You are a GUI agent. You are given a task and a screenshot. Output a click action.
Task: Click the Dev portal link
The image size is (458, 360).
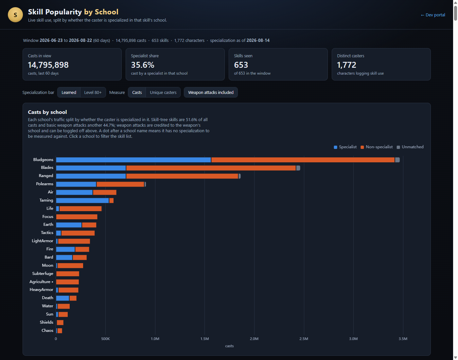(x=433, y=15)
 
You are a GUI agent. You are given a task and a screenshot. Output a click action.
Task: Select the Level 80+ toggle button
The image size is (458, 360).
(x=93, y=92)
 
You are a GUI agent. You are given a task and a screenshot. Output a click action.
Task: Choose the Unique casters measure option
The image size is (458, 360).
(x=163, y=92)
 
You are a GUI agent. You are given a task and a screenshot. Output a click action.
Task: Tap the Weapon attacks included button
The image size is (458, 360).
(x=211, y=92)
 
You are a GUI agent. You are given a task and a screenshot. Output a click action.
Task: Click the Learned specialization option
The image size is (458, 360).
(x=69, y=92)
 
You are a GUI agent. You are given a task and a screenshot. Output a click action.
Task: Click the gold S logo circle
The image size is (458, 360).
(x=15, y=15)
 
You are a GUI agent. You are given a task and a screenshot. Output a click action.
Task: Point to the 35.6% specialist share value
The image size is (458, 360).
(x=143, y=65)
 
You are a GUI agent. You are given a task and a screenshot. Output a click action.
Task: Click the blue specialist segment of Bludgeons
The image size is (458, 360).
(x=133, y=160)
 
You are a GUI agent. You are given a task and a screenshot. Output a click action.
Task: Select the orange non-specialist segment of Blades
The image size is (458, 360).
(x=211, y=168)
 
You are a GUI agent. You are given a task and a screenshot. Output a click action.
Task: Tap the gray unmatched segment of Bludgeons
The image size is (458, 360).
(x=397, y=160)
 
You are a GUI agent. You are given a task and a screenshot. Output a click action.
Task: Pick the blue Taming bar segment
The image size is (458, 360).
(x=82, y=200)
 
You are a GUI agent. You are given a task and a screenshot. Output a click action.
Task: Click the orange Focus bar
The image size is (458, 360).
(x=77, y=217)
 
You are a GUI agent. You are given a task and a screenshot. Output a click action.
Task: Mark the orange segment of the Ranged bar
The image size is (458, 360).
(x=182, y=176)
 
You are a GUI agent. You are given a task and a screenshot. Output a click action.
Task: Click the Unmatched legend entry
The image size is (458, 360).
(x=410, y=147)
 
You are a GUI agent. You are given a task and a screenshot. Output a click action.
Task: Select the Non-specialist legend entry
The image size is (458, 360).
(x=377, y=147)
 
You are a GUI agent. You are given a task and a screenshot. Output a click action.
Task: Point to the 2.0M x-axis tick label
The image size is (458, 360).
(x=254, y=339)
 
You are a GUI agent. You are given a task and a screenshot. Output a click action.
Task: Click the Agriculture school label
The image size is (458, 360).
(x=40, y=281)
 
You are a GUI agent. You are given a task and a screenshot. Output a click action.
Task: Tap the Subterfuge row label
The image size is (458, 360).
(x=43, y=274)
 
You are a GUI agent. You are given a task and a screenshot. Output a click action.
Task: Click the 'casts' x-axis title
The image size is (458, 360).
(x=229, y=346)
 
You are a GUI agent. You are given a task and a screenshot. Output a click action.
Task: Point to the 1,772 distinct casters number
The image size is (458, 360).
(x=346, y=65)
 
